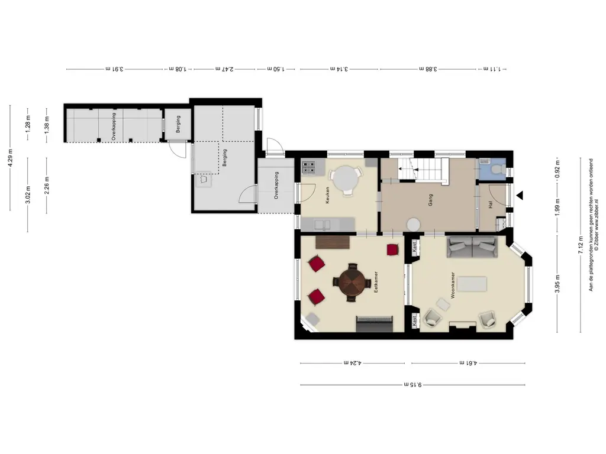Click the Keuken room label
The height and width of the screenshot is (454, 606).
pos(327,195)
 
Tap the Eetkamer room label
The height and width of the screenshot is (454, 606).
pos(376,281)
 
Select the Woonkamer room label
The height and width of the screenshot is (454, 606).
pos(453,286)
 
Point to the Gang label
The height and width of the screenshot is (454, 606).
pos(431,200)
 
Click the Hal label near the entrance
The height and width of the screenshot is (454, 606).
pos(491,204)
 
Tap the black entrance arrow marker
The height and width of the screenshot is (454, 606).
pos(520,195)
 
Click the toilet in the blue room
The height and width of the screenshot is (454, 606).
pos(498,168)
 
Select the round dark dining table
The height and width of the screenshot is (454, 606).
pos(352,282)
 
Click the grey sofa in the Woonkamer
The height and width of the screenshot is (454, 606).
pos(472,247)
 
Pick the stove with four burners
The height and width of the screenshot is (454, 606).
pos(308,167)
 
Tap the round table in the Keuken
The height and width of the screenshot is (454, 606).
pos(346,179)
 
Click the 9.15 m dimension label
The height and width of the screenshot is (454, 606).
pos(412,384)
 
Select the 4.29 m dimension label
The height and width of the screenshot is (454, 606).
pos(11,158)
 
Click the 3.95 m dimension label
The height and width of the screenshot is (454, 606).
pos(557,284)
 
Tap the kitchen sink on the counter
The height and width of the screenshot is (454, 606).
pos(322,225)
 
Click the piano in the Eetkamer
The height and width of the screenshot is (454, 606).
pos(375,324)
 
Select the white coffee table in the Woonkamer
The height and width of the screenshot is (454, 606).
pos(472,284)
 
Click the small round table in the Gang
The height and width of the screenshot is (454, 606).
pos(413,225)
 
